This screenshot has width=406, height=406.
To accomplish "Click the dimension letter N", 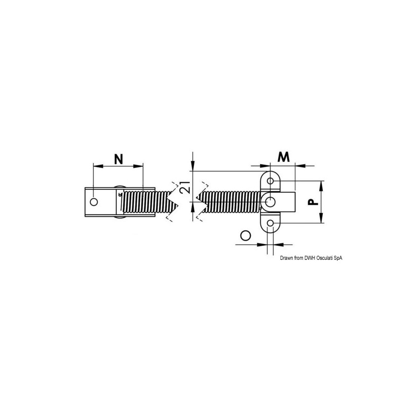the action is click(119, 159).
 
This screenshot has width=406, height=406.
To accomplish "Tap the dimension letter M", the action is click(284, 157).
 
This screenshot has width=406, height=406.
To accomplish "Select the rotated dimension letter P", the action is click(313, 201).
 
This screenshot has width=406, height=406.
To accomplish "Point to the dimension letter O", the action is click(246, 235).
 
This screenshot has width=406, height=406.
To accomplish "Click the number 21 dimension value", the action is click(186, 187).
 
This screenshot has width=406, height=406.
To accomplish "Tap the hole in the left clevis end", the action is click(94, 201).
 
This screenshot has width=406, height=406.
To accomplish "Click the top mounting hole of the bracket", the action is click(270, 181).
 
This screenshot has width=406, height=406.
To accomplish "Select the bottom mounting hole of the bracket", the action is click(270, 223).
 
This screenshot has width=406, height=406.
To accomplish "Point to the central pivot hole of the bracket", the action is click(270, 201).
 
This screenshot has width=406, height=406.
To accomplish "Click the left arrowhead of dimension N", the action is click(98, 166).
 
